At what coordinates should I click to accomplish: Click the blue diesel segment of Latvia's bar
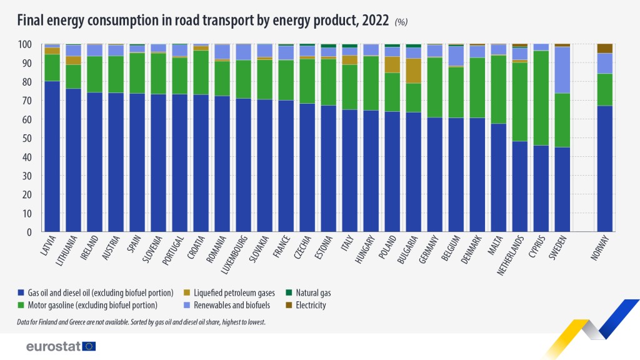(52, 156)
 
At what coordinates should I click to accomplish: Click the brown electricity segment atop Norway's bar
(604, 48)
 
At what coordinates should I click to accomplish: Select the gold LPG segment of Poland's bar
(392, 64)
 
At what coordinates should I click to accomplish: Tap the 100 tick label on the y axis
(24, 44)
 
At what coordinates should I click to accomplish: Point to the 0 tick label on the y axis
(29, 232)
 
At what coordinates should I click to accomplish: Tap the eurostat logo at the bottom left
(61, 346)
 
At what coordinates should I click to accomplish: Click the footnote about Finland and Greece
(142, 322)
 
